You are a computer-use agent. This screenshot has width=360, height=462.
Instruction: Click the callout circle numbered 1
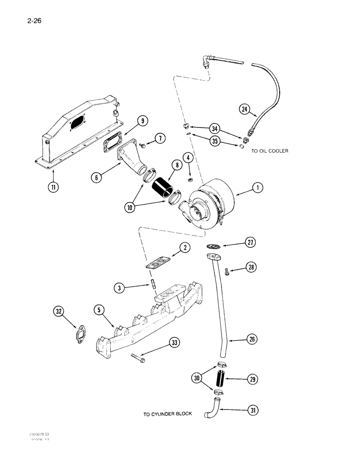(258, 188)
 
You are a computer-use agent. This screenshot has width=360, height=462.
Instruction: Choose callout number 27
(250, 243)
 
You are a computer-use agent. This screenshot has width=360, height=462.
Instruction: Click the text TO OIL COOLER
(270, 151)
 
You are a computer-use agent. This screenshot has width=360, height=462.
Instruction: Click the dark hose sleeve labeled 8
(161, 188)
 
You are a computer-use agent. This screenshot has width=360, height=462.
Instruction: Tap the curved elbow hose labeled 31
(214, 409)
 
